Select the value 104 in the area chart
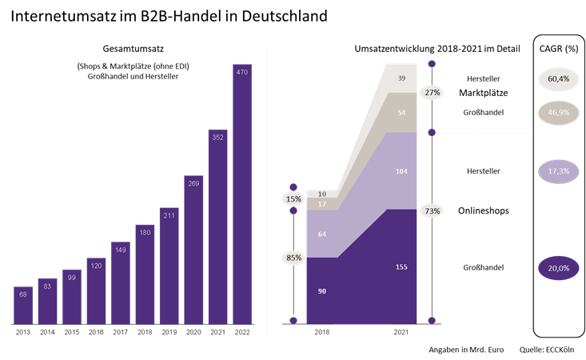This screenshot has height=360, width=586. click(x=402, y=171)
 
